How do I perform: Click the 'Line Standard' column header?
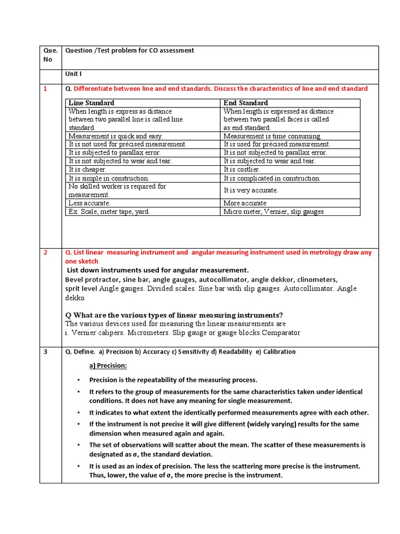tap(91, 103)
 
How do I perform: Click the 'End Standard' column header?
tap(245, 103)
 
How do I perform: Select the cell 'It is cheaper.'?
tap(87, 169)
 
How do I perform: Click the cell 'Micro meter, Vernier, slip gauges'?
tap(273, 211)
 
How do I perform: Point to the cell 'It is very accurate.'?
tap(251, 190)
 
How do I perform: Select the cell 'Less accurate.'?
tap(90, 203)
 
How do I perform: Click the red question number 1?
tap(45, 89)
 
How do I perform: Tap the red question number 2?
tap(45, 252)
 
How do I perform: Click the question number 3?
tap(45, 352)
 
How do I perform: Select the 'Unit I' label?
tap(73, 74)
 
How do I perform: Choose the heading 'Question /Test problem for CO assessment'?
tap(129, 51)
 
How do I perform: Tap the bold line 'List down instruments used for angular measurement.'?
tap(158, 270)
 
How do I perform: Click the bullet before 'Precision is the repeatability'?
tap(78, 380)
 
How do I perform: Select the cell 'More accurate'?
tap(245, 203)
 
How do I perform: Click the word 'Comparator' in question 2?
tap(282, 333)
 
